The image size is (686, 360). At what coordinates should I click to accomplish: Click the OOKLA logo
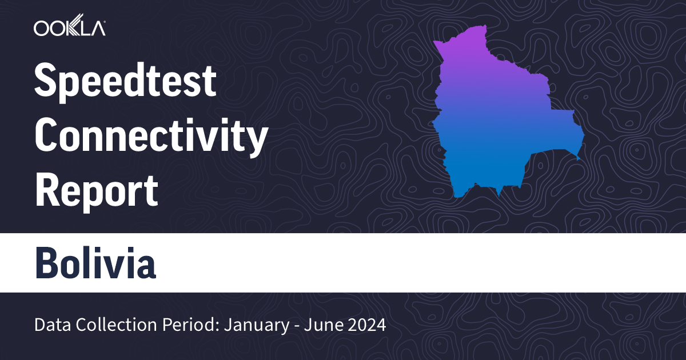coord(69,28)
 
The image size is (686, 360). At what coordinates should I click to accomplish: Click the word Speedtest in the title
coord(125,82)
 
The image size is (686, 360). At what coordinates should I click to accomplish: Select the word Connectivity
coord(151,137)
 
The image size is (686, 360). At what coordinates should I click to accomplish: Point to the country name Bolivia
coord(95,262)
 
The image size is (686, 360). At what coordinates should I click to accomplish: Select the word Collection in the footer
coord(111,326)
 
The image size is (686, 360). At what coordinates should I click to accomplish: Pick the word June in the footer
coord(318,326)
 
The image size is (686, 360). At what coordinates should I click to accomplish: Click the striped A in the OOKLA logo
coord(97,28)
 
